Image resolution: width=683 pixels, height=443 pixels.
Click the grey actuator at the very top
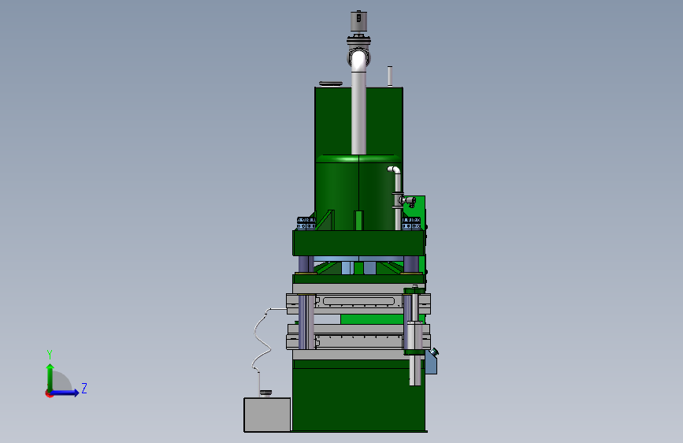point(358,21)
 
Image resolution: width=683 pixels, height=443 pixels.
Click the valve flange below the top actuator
point(358,42)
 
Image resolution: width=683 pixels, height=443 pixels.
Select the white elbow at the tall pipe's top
point(358,60)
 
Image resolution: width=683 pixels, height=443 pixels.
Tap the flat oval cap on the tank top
point(331,84)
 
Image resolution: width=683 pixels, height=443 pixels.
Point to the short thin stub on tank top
point(390,76)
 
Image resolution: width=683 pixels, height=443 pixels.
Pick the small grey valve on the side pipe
point(408,200)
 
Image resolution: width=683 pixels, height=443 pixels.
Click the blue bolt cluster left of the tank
point(306,223)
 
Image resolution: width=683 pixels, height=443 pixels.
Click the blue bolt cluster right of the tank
point(410,223)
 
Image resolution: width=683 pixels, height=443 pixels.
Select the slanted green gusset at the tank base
point(325,220)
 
